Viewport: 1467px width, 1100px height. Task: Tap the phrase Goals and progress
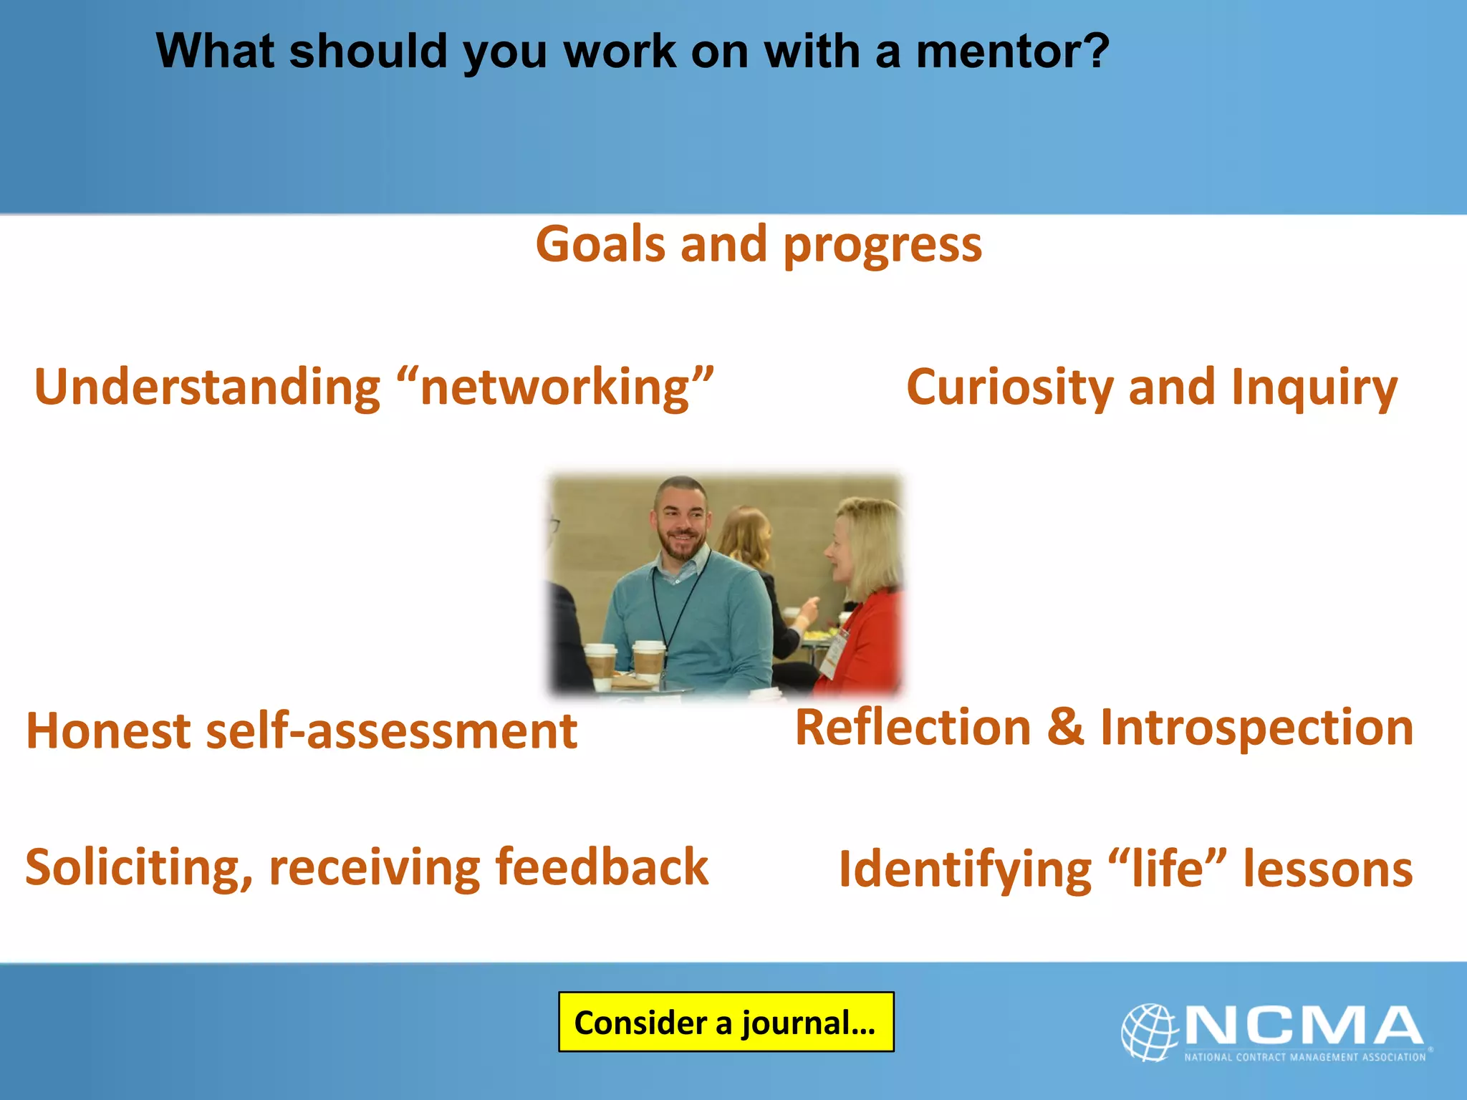[759, 245]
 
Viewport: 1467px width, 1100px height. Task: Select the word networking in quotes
[555, 387]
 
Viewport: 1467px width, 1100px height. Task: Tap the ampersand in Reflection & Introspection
[1065, 727]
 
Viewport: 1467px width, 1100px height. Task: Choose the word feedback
[601, 867]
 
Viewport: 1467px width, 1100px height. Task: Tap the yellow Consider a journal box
[726, 1022]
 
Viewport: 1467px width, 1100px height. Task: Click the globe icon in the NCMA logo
[1150, 1031]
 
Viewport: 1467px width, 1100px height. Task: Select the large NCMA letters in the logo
[1304, 1026]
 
